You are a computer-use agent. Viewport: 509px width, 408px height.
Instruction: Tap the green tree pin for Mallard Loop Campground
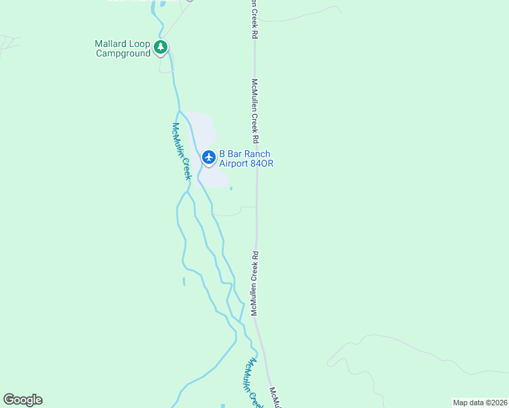click(x=161, y=47)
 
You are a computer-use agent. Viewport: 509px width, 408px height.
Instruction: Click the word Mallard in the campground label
click(x=111, y=44)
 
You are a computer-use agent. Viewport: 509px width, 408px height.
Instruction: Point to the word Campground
click(x=122, y=53)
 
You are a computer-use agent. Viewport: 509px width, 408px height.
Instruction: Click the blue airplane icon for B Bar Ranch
click(x=209, y=158)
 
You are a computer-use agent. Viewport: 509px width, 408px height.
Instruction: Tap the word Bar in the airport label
click(x=235, y=154)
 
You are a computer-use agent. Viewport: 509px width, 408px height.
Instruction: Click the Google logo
click(x=22, y=400)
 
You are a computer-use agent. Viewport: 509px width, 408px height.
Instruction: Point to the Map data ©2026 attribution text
click(x=479, y=402)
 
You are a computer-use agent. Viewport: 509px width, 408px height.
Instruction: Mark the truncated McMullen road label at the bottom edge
click(x=275, y=398)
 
